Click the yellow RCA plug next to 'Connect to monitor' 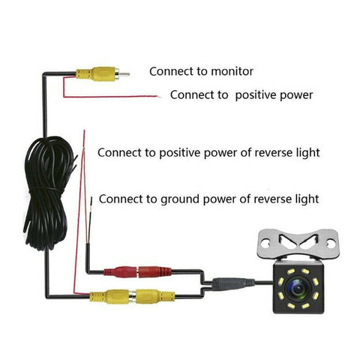point(94,73)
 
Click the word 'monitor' point(231,72)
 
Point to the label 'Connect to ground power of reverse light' point(208,199)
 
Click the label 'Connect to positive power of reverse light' point(208,152)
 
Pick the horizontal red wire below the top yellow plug point(120,95)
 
